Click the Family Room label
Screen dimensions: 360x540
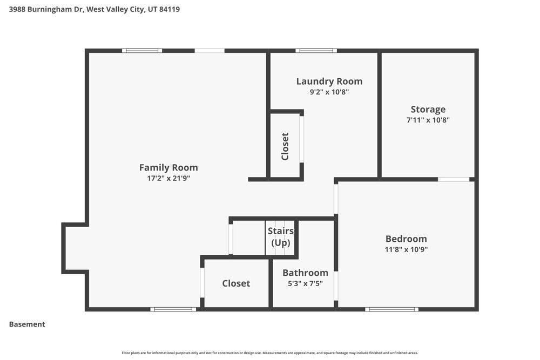168,167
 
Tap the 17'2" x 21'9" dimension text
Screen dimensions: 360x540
168,178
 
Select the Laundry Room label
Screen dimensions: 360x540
329,81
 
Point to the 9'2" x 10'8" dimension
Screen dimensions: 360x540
329,92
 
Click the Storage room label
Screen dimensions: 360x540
428,110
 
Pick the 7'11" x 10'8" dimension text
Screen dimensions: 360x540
428,120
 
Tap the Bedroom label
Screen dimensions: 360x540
406,239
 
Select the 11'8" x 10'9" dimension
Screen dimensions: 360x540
406,249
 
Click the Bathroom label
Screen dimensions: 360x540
305,273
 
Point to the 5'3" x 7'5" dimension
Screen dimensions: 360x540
305,283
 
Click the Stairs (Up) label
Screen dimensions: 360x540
281,236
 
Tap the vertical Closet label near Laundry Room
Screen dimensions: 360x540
285,146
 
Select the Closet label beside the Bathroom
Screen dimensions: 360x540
236,283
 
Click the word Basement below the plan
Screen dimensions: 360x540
27,324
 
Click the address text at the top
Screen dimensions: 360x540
94,9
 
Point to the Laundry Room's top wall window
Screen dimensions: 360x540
316,51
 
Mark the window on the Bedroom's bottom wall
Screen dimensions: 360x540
391,309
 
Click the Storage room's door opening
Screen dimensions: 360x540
454,179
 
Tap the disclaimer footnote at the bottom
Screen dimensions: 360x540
270,353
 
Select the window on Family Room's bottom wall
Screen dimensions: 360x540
173,309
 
